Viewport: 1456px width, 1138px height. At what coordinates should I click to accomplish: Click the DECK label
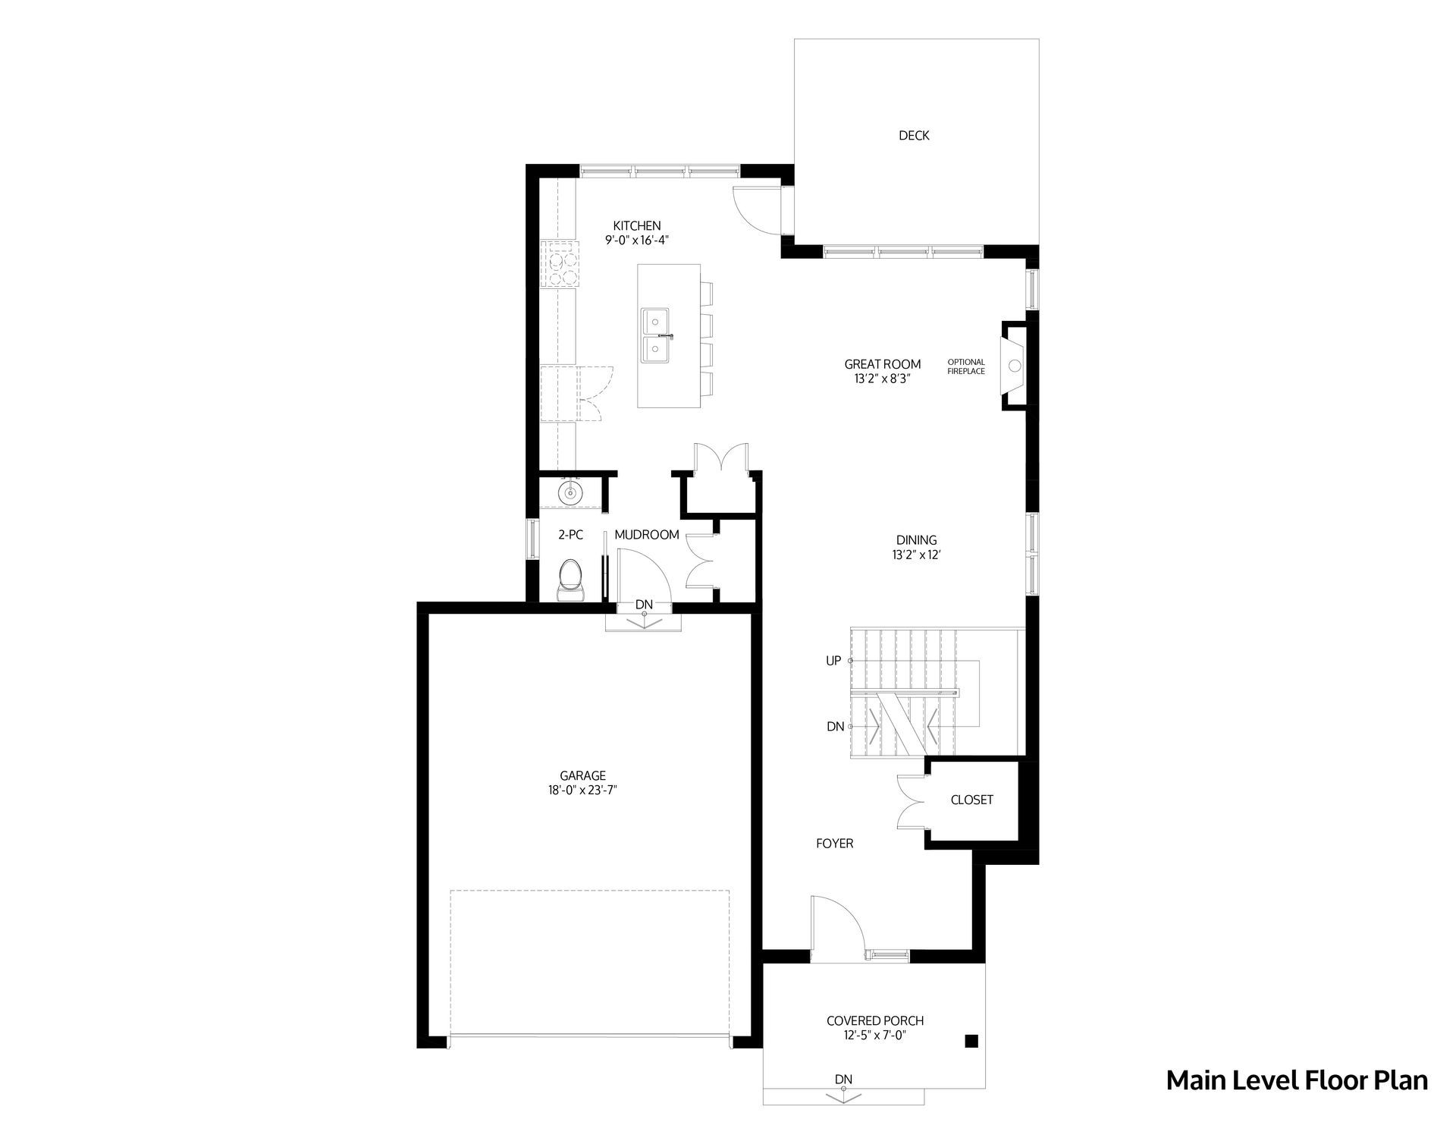(x=914, y=136)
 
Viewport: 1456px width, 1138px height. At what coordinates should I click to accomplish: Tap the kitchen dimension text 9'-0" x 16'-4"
(x=637, y=240)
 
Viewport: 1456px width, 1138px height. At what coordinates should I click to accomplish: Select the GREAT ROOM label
(x=883, y=364)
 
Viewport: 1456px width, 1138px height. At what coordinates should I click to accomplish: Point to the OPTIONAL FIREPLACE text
(x=966, y=366)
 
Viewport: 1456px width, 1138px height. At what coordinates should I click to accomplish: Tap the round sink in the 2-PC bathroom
(x=570, y=494)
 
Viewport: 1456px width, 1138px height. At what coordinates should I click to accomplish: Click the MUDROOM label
(x=647, y=535)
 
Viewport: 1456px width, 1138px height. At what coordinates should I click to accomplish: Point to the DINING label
(x=917, y=540)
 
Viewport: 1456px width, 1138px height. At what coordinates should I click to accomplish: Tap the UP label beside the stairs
(x=833, y=661)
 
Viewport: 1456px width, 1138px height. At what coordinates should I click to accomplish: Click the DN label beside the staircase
(x=835, y=727)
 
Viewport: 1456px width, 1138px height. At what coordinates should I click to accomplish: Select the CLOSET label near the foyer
(x=972, y=800)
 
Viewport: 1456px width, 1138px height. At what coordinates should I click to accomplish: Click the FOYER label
(x=835, y=844)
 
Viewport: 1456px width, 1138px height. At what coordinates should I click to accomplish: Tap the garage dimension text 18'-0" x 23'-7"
(x=583, y=790)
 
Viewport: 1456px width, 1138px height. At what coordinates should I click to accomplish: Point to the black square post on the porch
(x=971, y=1041)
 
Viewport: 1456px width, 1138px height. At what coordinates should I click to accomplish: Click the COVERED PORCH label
(x=875, y=1021)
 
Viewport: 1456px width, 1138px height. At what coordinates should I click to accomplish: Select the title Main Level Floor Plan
(x=1297, y=1080)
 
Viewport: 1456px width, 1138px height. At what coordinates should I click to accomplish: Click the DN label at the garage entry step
(x=644, y=605)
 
